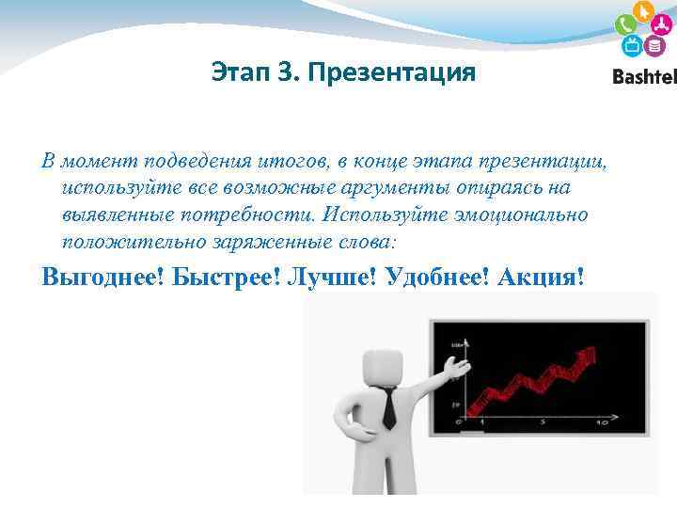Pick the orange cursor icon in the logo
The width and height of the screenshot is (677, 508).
[644, 12]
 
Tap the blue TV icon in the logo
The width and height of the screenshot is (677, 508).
[632, 46]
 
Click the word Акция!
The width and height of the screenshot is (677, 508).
[543, 278]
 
